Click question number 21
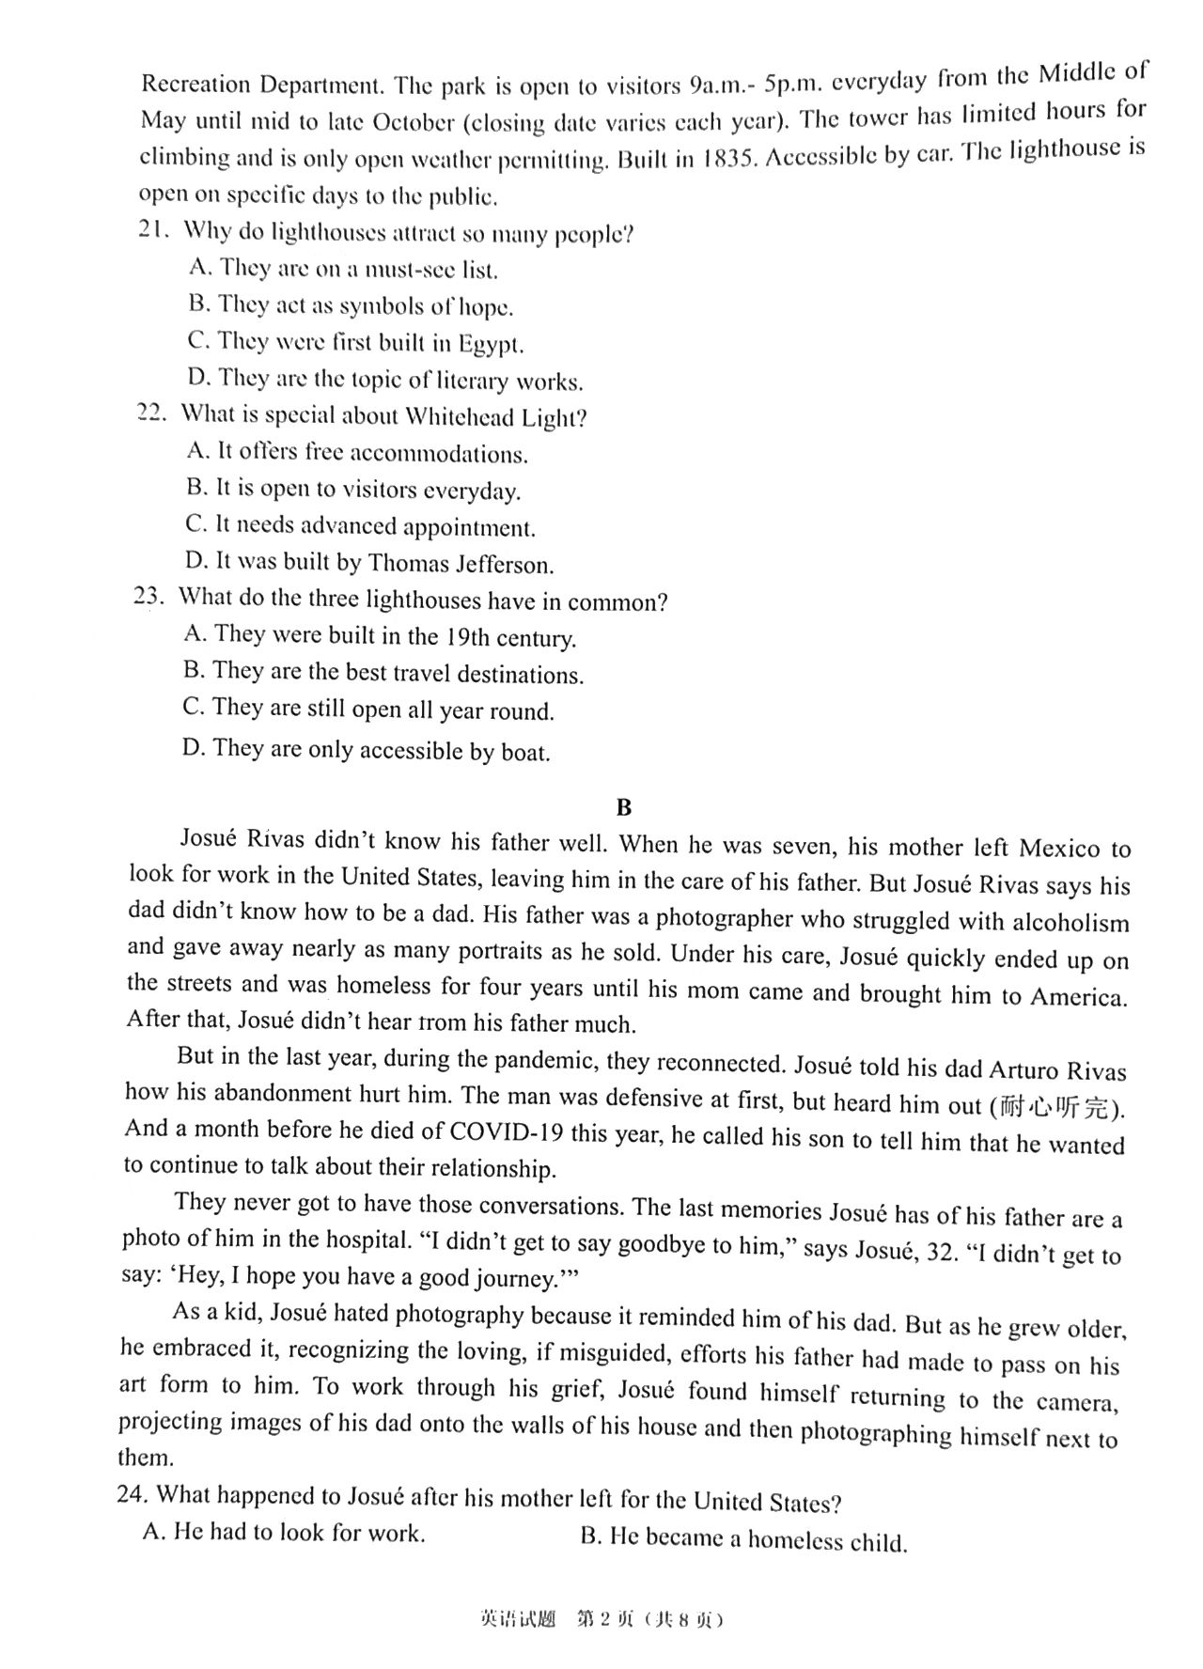[x=151, y=230]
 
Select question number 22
[x=151, y=413]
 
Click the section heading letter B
[x=623, y=807]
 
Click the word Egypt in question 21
[x=491, y=344]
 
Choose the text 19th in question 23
[x=466, y=638]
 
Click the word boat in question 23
[x=523, y=752]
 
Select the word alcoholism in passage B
[x=1071, y=923]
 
